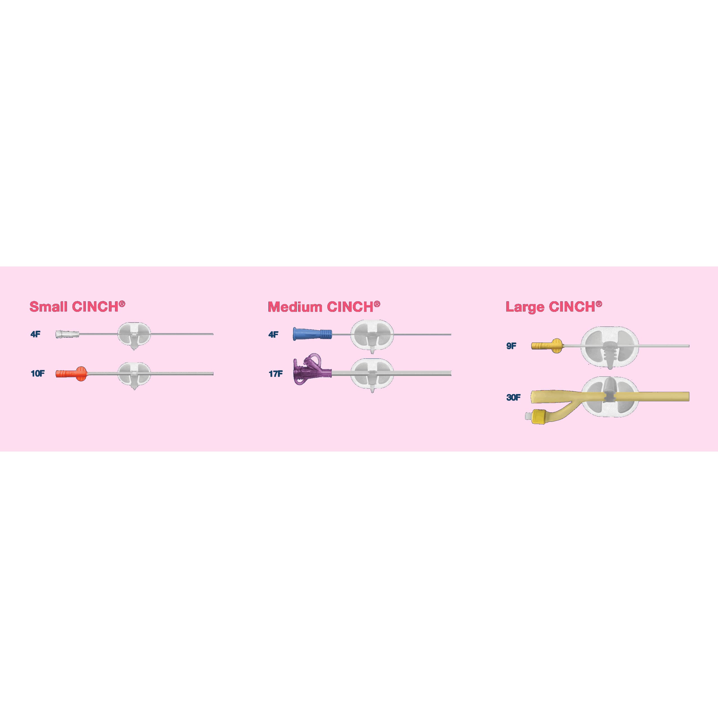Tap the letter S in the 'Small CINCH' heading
click(34, 307)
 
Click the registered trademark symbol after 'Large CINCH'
click(599, 304)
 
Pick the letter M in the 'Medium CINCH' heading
click(274, 307)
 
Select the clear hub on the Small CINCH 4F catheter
click(67, 334)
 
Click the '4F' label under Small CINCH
click(35, 334)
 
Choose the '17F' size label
click(275, 374)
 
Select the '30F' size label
click(513, 397)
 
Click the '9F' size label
click(511, 346)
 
